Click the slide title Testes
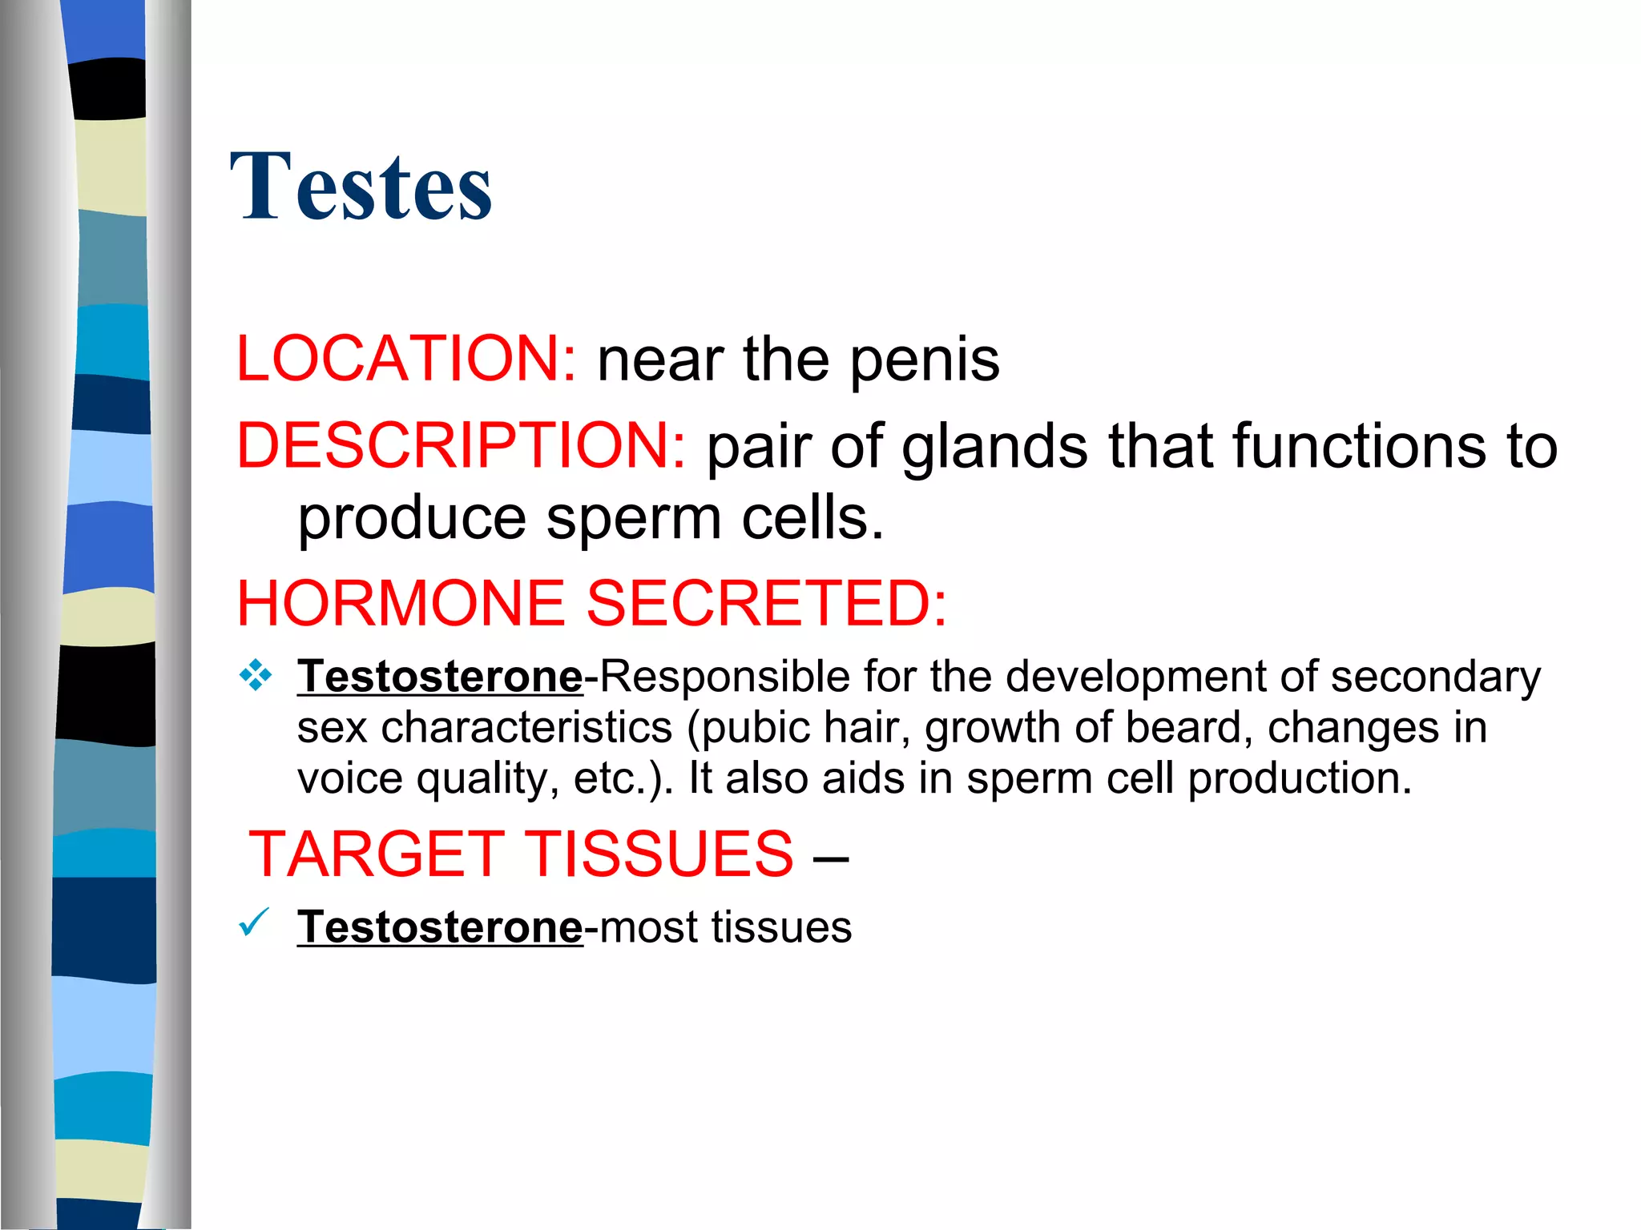pos(361,187)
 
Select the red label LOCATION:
pos(405,359)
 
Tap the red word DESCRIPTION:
pos(461,445)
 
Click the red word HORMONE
pos(401,603)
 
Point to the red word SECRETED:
pos(767,603)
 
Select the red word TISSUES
pos(659,854)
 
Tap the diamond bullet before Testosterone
pos(256,675)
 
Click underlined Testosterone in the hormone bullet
pos(440,677)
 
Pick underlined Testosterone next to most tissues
pos(440,927)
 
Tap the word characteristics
pos(526,728)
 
